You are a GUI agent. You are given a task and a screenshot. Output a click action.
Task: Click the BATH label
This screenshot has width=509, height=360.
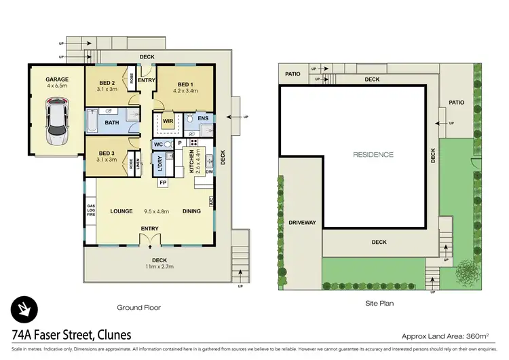tap(111, 123)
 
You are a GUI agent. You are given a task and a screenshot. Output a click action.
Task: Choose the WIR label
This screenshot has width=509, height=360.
tap(168, 122)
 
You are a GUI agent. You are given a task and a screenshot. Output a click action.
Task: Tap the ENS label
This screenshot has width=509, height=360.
tap(203, 118)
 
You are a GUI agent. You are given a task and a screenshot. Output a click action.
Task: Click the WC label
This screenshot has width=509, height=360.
tap(157, 144)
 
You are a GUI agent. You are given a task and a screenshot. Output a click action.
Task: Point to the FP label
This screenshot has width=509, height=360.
tap(163, 183)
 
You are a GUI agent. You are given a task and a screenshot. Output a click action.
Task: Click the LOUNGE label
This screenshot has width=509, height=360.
tap(121, 211)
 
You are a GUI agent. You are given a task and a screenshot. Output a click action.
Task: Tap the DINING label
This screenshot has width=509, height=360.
tap(191, 211)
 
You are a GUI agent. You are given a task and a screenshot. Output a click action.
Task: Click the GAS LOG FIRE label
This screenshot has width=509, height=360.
tap(90, 211)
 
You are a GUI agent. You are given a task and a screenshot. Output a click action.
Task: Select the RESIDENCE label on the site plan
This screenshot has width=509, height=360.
tap(373, 155)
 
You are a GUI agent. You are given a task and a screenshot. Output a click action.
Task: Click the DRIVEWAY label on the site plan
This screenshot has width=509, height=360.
tap(298, 222)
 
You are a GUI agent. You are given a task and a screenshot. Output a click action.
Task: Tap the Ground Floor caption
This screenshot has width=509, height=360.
tap(138, 307)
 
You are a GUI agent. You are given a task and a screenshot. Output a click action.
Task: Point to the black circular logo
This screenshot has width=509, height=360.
tap(24, 310)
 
